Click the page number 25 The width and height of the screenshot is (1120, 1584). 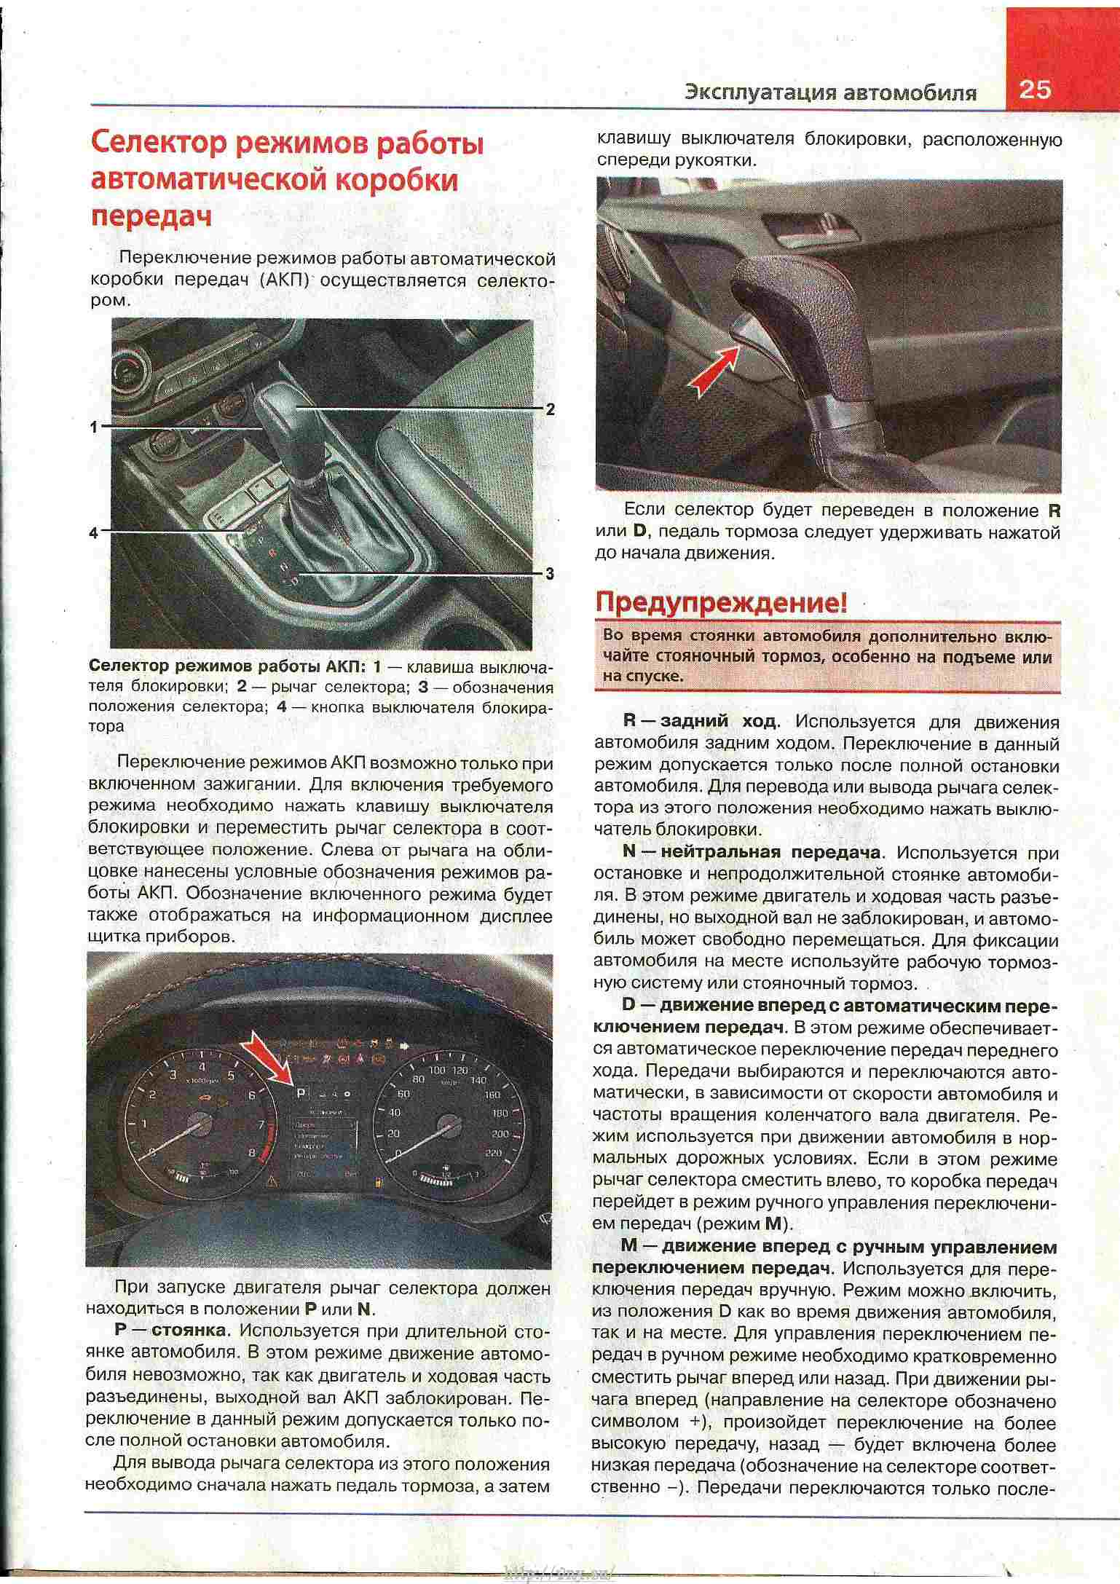point(1035,90)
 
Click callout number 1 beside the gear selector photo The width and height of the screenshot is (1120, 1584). point(93,427)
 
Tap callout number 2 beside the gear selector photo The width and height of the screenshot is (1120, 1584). point(550,409)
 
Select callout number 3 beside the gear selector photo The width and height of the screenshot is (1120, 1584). point(550,574)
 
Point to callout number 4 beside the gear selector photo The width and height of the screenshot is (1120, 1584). point(93,533)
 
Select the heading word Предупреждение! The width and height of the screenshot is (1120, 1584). point(721,603)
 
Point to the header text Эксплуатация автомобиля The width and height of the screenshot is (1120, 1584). point(830,92)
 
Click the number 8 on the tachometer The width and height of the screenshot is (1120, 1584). point(252,1153)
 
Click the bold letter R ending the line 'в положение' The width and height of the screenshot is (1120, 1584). point(1054,511)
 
